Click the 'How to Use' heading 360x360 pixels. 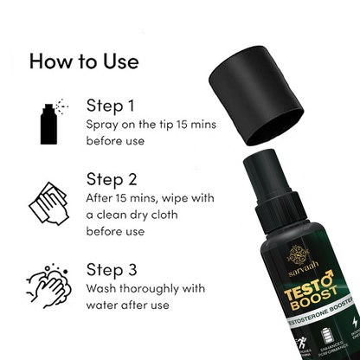[84, 61]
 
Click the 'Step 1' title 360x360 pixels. [110, 106]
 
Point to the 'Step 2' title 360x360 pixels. [111, 180]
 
